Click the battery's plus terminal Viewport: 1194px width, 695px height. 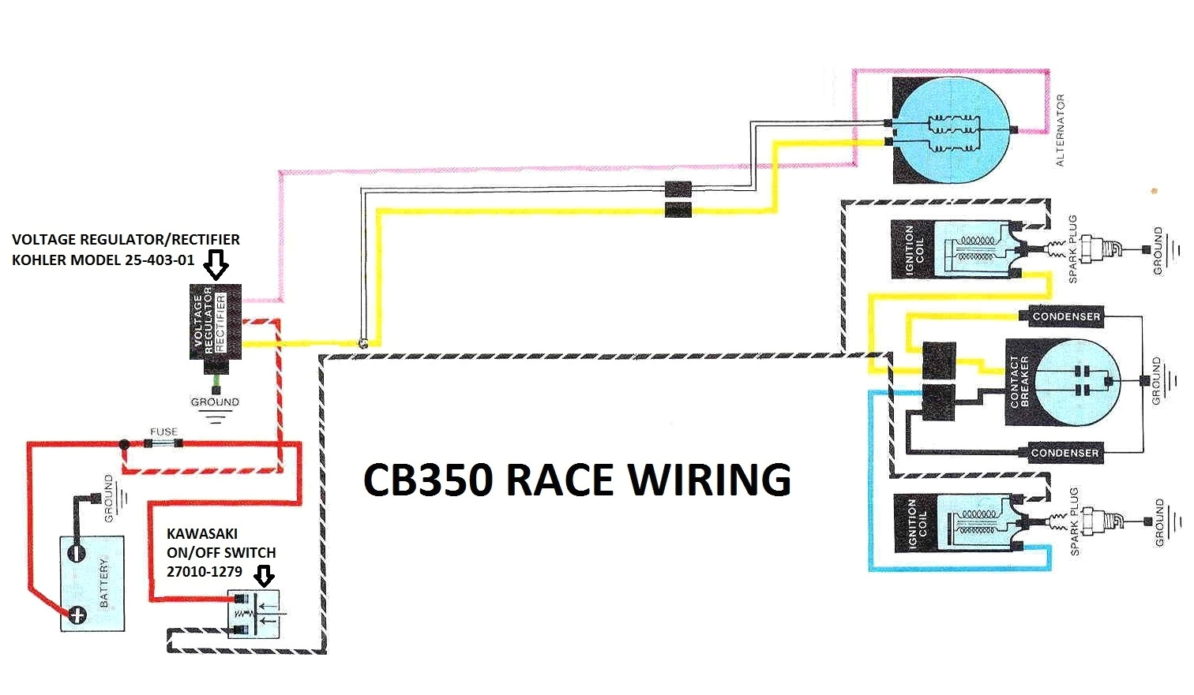click(77, 614)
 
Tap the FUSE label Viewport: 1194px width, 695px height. click(163, 432)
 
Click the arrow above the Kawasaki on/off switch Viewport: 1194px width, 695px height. click(265, 576)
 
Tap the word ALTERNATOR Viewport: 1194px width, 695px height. click(1060, 130)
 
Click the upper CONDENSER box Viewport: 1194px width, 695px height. click(1065, 316)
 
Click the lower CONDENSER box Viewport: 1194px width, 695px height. click(1064, 453)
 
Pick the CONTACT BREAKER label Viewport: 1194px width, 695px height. click(1019, 382)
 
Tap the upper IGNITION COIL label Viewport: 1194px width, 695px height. click(914, 249)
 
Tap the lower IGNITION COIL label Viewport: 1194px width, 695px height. click(917, 523)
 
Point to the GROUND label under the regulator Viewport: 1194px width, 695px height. click(215, 402)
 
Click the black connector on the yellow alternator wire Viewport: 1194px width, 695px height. click(678, 210)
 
